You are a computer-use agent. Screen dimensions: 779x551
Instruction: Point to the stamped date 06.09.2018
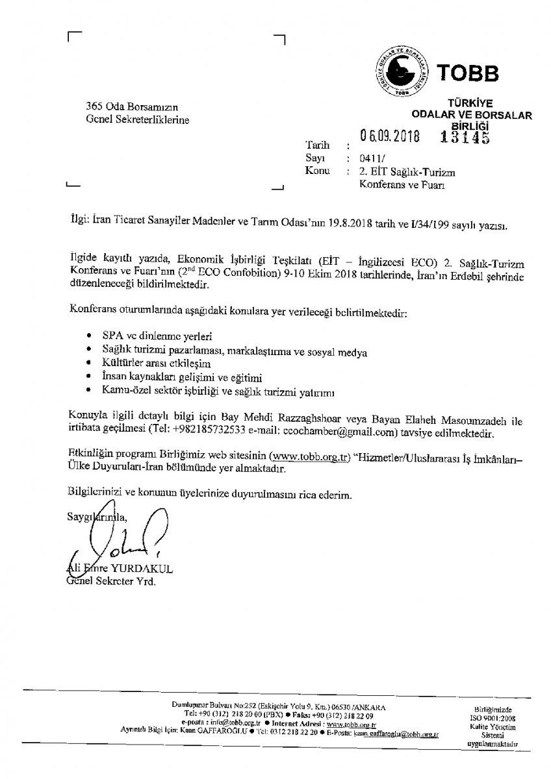point(390,137)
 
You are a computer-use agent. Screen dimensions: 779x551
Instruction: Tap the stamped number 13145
point(464,136)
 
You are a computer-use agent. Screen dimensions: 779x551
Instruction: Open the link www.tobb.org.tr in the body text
point(309,456)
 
